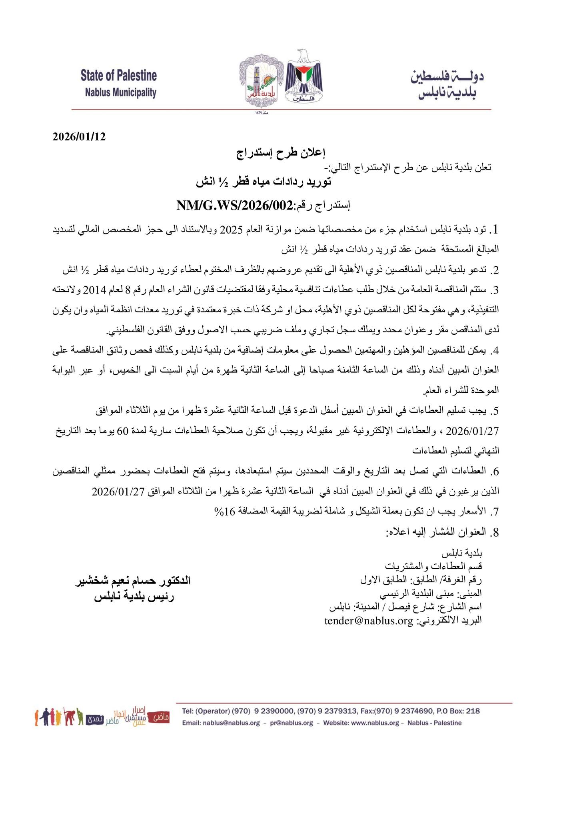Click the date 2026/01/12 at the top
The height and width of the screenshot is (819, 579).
pos(79,137)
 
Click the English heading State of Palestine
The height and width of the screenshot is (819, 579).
pos(119,76)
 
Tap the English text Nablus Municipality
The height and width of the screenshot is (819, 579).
pos(120,93)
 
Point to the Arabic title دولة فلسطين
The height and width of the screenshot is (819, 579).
pos(447,76)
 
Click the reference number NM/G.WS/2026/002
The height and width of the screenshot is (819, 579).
pos(235,205)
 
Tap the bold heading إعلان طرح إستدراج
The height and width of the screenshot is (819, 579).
pos(280,153)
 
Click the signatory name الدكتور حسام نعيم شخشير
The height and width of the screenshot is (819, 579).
pos(133,581)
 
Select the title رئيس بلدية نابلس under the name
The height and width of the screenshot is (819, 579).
pos(134,597)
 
